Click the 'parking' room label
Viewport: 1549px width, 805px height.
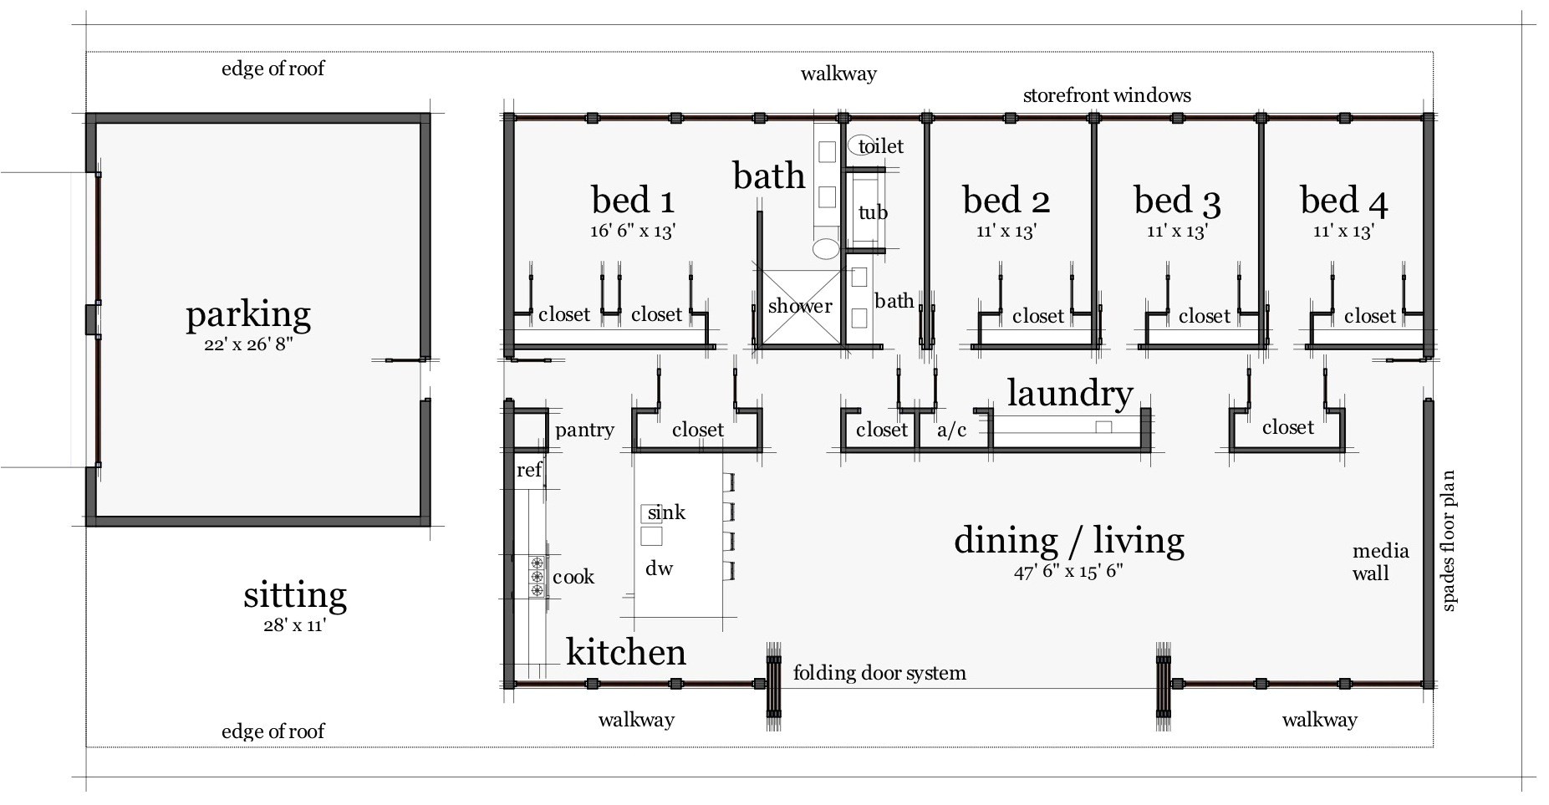248,314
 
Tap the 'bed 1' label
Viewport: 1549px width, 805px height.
632,200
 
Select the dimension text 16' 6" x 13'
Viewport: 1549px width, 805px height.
632,232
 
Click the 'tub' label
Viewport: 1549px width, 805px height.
873,212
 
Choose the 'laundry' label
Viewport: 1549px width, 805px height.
1069,392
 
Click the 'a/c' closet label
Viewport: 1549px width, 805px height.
951,430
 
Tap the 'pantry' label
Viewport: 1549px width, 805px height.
584,430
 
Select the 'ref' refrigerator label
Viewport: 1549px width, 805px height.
528,470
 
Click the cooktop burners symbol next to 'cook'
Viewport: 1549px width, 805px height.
536,577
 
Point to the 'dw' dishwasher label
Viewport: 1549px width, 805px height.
659,568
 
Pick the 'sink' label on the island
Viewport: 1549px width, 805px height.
666,512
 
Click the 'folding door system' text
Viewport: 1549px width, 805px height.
879,672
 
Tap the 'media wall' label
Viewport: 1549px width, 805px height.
1380,562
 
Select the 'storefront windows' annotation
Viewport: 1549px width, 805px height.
1106,95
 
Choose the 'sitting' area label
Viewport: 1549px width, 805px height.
294,595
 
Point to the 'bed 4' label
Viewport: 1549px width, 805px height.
1343,200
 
